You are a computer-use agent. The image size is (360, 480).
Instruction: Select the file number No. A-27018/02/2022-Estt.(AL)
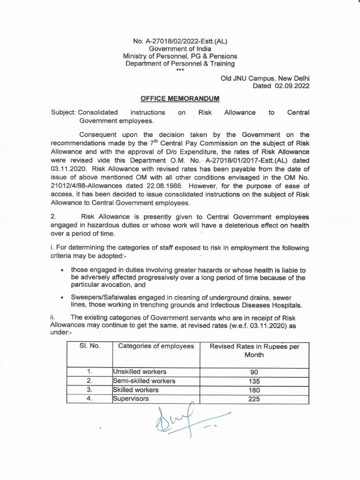pos(180,41)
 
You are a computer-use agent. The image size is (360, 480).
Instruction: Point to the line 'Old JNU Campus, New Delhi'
pos(265,78)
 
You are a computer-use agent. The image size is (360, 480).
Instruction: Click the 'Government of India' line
pos(180,49)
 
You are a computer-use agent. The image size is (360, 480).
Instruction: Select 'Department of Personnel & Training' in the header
pos(180,64)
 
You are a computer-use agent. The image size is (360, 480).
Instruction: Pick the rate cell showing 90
pos(254,372)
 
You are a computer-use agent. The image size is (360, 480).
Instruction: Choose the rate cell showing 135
pos(254,381)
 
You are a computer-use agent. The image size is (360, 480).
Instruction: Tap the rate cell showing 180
pos(254,390)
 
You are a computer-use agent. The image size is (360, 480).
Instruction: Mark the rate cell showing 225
pos(254,399)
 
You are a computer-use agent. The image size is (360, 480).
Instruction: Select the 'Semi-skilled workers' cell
pos(144,381)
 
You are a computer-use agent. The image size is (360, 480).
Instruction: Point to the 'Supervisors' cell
pos(131,399)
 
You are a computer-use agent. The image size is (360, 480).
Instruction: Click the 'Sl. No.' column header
pos(89,346)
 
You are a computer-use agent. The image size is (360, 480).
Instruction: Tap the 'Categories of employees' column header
pos(156,346)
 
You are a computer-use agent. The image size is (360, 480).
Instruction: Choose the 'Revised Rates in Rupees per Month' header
pos(254,351)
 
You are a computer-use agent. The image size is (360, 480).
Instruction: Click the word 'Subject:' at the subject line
pos(63,112)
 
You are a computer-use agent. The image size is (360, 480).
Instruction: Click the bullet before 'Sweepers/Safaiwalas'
pos(62,297)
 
